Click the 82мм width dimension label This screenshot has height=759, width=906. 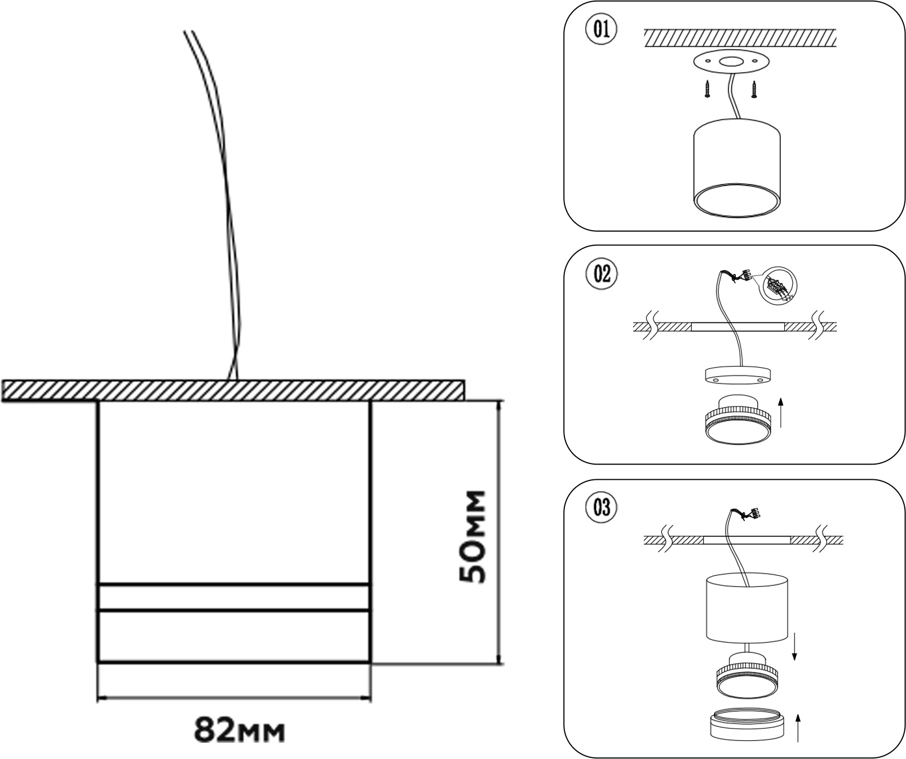pyautogui.click(x=240, y=730)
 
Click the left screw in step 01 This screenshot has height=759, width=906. pyautogui.click(x=706, y=89)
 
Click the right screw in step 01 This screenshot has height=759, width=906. pyautogui.click(x=754, y=89)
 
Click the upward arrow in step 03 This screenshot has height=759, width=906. pyautogui.click(x=797, y=727)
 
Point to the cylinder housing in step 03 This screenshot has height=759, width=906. pyautogui.click(x=747, y=609)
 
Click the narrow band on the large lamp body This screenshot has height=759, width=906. pyautogui.click(x=235, y=597)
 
